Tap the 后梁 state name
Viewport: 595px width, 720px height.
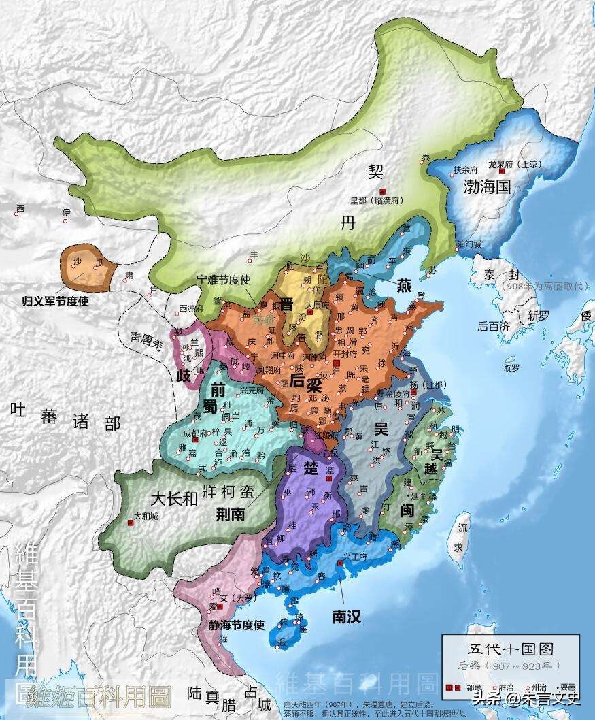(x=305, y=382)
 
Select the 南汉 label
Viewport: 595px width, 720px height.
(x=346, y=617)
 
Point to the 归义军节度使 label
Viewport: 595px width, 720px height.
(x=56, y=299)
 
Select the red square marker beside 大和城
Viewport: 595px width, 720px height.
(x=130, y=523)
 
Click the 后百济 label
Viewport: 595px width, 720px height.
(x=494, y=326)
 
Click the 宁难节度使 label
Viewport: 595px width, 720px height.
(x=224, y=280)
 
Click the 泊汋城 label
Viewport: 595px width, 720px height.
(x=470, y=244)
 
